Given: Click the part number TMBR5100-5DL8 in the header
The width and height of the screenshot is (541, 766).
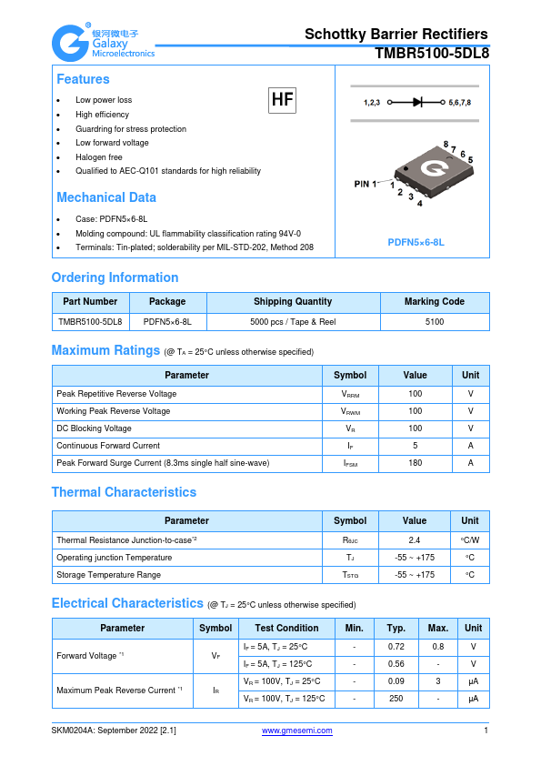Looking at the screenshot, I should [432, 54].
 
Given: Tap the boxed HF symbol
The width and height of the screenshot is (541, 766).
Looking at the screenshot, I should [283, 100].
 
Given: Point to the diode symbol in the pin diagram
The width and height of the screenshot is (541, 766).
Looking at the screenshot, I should [417, 103].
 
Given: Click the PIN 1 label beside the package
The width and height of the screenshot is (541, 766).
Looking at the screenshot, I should [366, 185].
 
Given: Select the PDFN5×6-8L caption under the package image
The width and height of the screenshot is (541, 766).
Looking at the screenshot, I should [416, 242].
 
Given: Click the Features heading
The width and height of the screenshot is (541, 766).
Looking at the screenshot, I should [83, 80].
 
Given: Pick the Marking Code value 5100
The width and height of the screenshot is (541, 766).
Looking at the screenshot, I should [434, 321].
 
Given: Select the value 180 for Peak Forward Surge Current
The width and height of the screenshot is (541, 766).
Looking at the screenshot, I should [415, 463].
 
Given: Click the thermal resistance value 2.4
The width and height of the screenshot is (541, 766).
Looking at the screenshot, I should [415, 539].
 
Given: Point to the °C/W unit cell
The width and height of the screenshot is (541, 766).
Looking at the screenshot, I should [470, 539].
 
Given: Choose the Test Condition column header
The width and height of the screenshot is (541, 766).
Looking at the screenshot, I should [286, 628].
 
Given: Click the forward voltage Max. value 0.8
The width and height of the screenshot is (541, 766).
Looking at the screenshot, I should [438, 646].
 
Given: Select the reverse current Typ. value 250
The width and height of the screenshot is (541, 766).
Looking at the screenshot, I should [396, 699].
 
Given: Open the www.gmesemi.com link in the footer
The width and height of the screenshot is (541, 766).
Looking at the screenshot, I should [296, 731].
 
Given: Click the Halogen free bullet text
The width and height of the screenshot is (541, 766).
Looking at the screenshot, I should [99, 157].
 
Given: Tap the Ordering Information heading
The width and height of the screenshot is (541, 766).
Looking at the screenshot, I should [115, 277].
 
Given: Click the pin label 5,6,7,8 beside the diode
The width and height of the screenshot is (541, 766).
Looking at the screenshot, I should [460, 103].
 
